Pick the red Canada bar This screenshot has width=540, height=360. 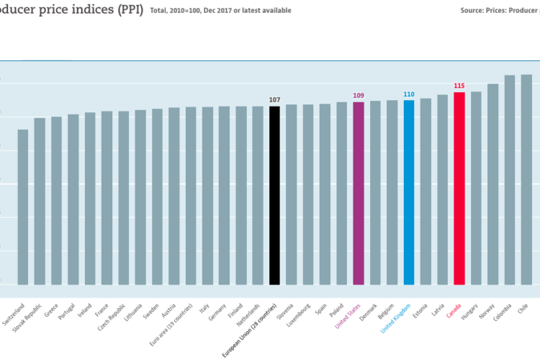(x=459, y=188)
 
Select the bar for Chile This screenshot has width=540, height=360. (x=526, y=179)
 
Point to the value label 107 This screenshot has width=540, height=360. (x=274, y=99)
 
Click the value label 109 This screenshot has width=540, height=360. (x=359, y=95)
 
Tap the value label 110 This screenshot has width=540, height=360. (x=409, y=94)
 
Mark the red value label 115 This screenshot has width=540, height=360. (x=459, y=86)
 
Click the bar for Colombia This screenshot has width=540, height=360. (x=510, y=179)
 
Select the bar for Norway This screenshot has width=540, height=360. (x=493, y=184)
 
